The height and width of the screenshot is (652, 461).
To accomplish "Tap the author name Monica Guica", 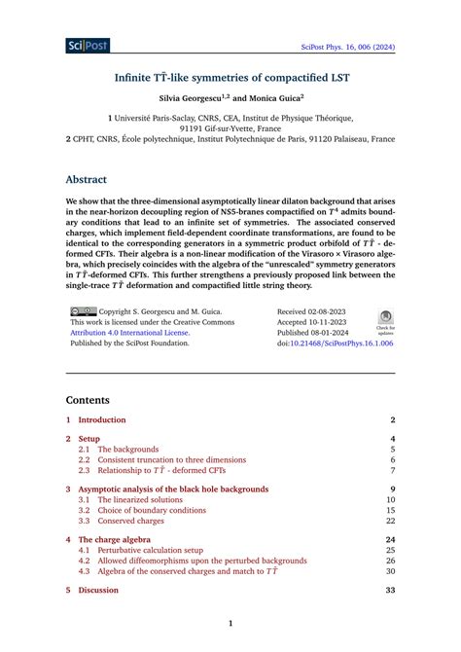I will pos(275,98).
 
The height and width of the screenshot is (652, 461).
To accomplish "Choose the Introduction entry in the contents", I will pos(102,419).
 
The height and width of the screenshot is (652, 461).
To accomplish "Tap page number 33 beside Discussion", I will pos(390,590).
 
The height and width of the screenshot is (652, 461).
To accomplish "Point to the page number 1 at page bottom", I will pos(230,624).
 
